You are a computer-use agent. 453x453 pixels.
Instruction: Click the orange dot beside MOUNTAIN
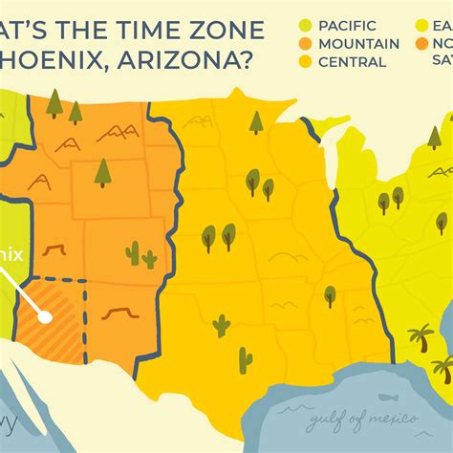pos(306,43)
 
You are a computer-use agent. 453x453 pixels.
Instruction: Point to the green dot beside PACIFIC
pos(306,25)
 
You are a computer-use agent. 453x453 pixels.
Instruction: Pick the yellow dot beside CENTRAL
pos(306,62)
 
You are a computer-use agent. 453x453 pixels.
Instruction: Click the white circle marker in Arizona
pos(44,312)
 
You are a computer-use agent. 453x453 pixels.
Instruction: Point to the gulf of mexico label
pos(364,418)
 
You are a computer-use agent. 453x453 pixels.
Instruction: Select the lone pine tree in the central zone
pos(255,121)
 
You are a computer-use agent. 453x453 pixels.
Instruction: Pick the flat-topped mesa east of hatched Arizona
pos(116,313)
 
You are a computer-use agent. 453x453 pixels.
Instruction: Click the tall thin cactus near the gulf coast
pos(246,359)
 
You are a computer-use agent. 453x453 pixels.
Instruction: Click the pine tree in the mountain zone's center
pos(103,173)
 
